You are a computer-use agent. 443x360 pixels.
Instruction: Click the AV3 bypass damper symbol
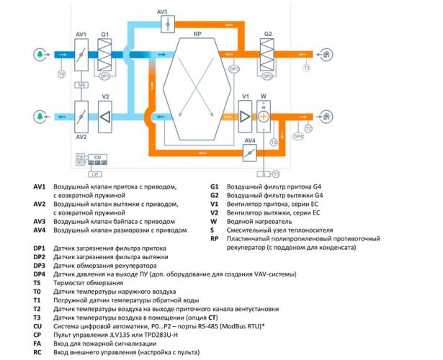pos(166,23)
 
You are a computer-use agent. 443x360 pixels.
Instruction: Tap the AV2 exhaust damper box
pos(81,114)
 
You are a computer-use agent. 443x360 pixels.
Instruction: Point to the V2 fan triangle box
pos(105,114)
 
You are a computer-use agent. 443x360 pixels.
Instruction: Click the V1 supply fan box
pos(246,114)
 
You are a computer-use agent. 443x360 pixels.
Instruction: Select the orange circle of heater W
pos(264,116)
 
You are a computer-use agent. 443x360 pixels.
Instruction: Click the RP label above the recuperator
pos(197,33)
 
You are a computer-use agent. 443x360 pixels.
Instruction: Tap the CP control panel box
pos(94,174)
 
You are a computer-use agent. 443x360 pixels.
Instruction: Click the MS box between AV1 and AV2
pos(82,84)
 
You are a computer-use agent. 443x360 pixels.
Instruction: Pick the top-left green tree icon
pos(38,54)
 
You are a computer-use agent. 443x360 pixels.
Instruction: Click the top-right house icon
pos(328,54)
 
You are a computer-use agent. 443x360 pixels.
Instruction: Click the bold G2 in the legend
pos(215,196)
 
